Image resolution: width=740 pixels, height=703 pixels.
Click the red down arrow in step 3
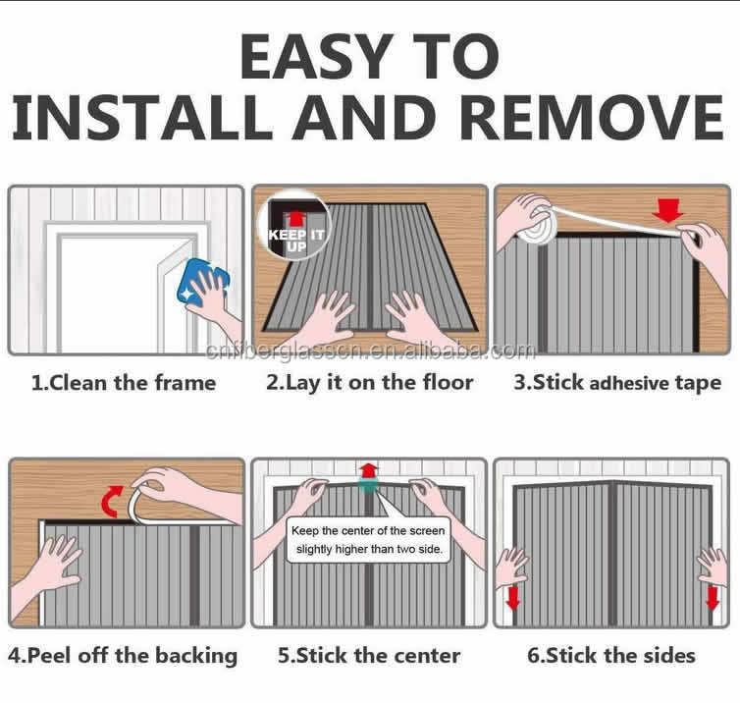[x=669, y=210]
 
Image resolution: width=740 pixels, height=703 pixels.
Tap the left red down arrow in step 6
[x=511, y=597]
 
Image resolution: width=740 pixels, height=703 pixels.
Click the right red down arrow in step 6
[x=714, y=597]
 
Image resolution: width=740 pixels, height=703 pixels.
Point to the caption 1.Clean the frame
[x=124, y=383]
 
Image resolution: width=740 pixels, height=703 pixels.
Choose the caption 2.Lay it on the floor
[x=369, y=383]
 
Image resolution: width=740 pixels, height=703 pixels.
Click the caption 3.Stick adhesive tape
[x=617, y=383]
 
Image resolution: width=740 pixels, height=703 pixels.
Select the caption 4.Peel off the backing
[x=124, y=655]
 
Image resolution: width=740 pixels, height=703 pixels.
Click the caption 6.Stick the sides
[x=612, y=655]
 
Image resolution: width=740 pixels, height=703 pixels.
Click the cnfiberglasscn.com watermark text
[x=370, y=351]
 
